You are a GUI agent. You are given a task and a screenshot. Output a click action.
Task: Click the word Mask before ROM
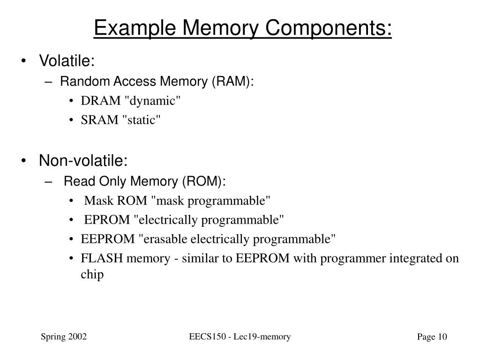coord(97,201)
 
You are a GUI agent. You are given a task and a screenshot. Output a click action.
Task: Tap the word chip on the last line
coord(92,275)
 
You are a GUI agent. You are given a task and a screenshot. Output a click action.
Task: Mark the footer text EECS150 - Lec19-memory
coord(240,337)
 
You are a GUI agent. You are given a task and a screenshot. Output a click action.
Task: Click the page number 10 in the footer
coord(443,337)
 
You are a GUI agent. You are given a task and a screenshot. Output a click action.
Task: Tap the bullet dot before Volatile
coord(24,61)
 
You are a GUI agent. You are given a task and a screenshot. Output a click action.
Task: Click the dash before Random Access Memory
coord(51,82)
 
